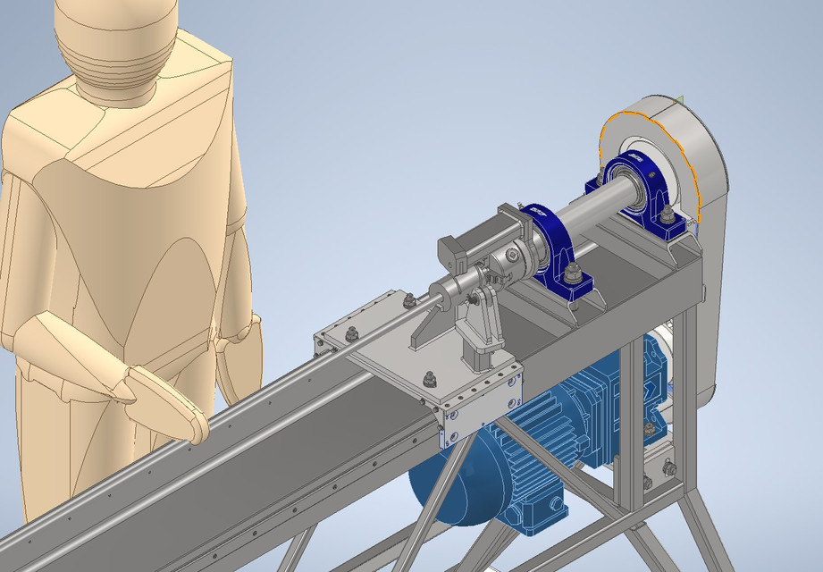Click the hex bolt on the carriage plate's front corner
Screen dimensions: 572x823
pyautogui.click(x=430, y=379)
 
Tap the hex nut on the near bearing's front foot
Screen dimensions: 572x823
pyautogui.click(x=573, y=274)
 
